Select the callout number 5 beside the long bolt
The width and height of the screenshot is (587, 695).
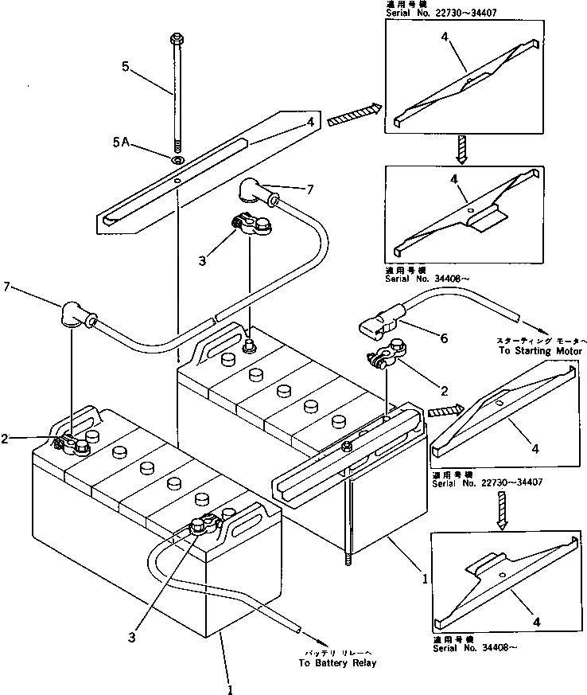(126, 67)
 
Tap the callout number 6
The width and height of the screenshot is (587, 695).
(444, 338)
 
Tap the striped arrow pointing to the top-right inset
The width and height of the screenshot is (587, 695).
(351, 115)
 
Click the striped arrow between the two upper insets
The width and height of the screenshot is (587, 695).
(461, 149)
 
